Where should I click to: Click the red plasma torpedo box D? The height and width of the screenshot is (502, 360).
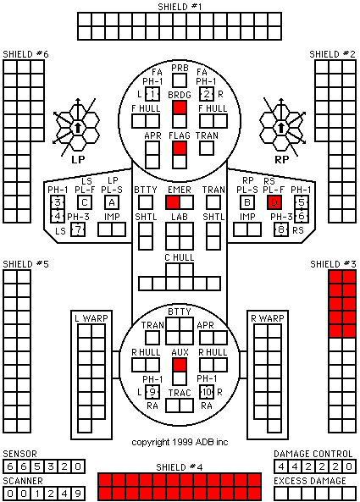(x=274, y=202)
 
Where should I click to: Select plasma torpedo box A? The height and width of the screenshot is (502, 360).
(x=112, y=202)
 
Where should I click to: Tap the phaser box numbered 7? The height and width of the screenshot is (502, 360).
(x=78, y=229)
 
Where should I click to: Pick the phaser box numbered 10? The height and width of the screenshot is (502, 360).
(x=207, y=392)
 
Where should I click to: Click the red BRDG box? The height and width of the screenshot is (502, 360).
(x=180, y=108)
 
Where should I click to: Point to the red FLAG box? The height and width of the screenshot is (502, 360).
(x=180, y=148)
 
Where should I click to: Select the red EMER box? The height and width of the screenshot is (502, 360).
(x=173, y=202)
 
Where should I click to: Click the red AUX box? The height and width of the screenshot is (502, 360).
(x=180, y=365)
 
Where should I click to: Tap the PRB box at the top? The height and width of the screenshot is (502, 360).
(x=180, y=80)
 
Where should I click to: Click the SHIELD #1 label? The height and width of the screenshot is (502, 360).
(x=180, y=7)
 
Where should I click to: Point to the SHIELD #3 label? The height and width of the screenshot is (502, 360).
(x=333, y=264)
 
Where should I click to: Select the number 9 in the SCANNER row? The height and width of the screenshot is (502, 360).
(x=78, y=494)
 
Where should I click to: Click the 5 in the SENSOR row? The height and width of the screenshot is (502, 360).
(x=37, y=466)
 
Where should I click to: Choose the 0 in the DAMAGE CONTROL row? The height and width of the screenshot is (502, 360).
(x=349, y=466)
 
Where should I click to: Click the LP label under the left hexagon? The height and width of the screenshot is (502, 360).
(x=78, y=159)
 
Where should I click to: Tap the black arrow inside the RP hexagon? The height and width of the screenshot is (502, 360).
(x=281, y=128)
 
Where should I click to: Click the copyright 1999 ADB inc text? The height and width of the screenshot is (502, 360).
(x=180, y=442)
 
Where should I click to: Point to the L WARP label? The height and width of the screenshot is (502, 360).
(x=91, y=318)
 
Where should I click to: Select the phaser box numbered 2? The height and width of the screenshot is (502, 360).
(x=207, y=94)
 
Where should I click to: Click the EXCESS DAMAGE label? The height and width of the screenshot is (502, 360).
(x=310, y=481)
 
